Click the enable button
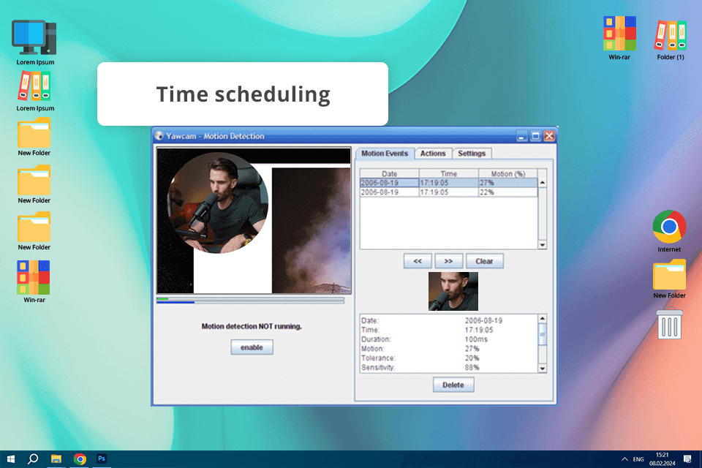[252, 348]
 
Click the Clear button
[484, 261]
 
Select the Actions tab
[433, 154]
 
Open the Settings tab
[472, 154]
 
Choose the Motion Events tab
[385, 154]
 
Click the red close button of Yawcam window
[549, 136]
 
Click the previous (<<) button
[418, 261]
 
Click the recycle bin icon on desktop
[670, 324]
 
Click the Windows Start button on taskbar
[11, 458]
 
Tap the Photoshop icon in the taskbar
[102, 458]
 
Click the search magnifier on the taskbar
[33, 458]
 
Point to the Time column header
[449, 174]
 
